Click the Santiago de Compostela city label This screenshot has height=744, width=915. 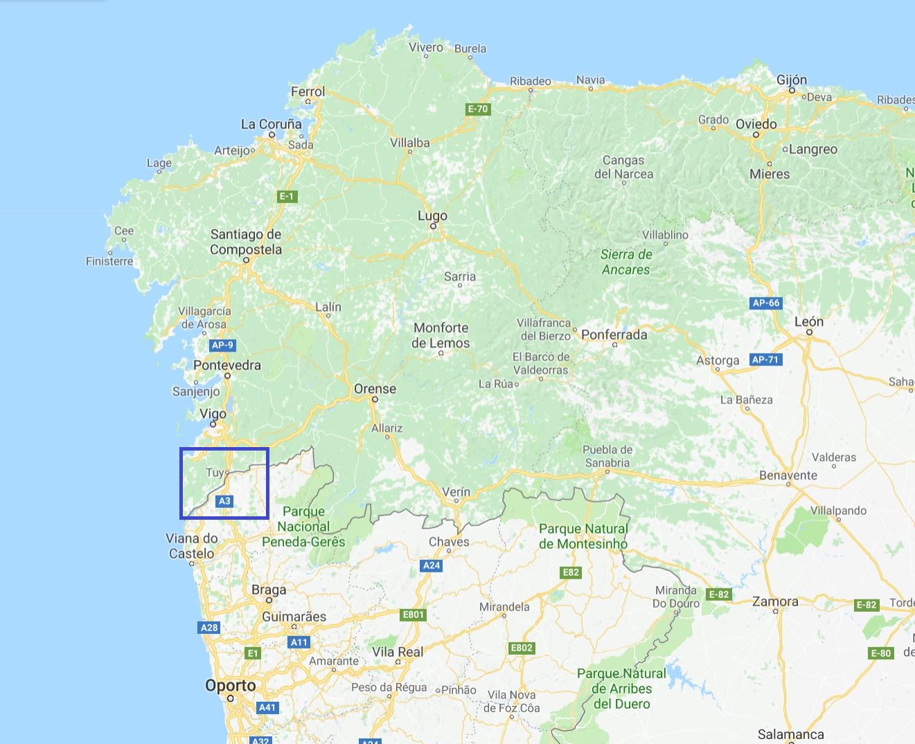tap(246, 242)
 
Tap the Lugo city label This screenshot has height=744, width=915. tap(432, 216)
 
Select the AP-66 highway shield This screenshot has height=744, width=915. tap(766, 302)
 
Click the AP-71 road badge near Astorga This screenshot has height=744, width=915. tap(765, 359)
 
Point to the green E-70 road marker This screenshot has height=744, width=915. tap(478, 109)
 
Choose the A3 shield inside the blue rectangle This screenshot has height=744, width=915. tap(224, 501)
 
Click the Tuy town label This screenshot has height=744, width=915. tap(215, 473)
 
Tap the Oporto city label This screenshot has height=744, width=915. tap(231, 686)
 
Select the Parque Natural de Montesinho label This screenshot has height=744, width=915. tap(583, 536)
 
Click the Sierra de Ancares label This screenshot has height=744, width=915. tap(626, 262)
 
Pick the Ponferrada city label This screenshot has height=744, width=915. tap(614, 334)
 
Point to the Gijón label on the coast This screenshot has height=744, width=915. tap(791, 80)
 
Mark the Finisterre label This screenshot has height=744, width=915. tap(109, 261)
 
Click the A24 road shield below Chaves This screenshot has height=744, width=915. tap(432, 565)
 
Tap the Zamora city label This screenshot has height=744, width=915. tap(775, 601)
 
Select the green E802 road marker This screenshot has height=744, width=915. tap(522, 648)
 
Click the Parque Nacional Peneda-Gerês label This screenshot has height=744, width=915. tap(303, 527)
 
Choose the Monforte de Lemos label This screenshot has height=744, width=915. tap(441, 335)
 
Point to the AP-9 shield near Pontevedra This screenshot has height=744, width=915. tap(222, 345)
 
